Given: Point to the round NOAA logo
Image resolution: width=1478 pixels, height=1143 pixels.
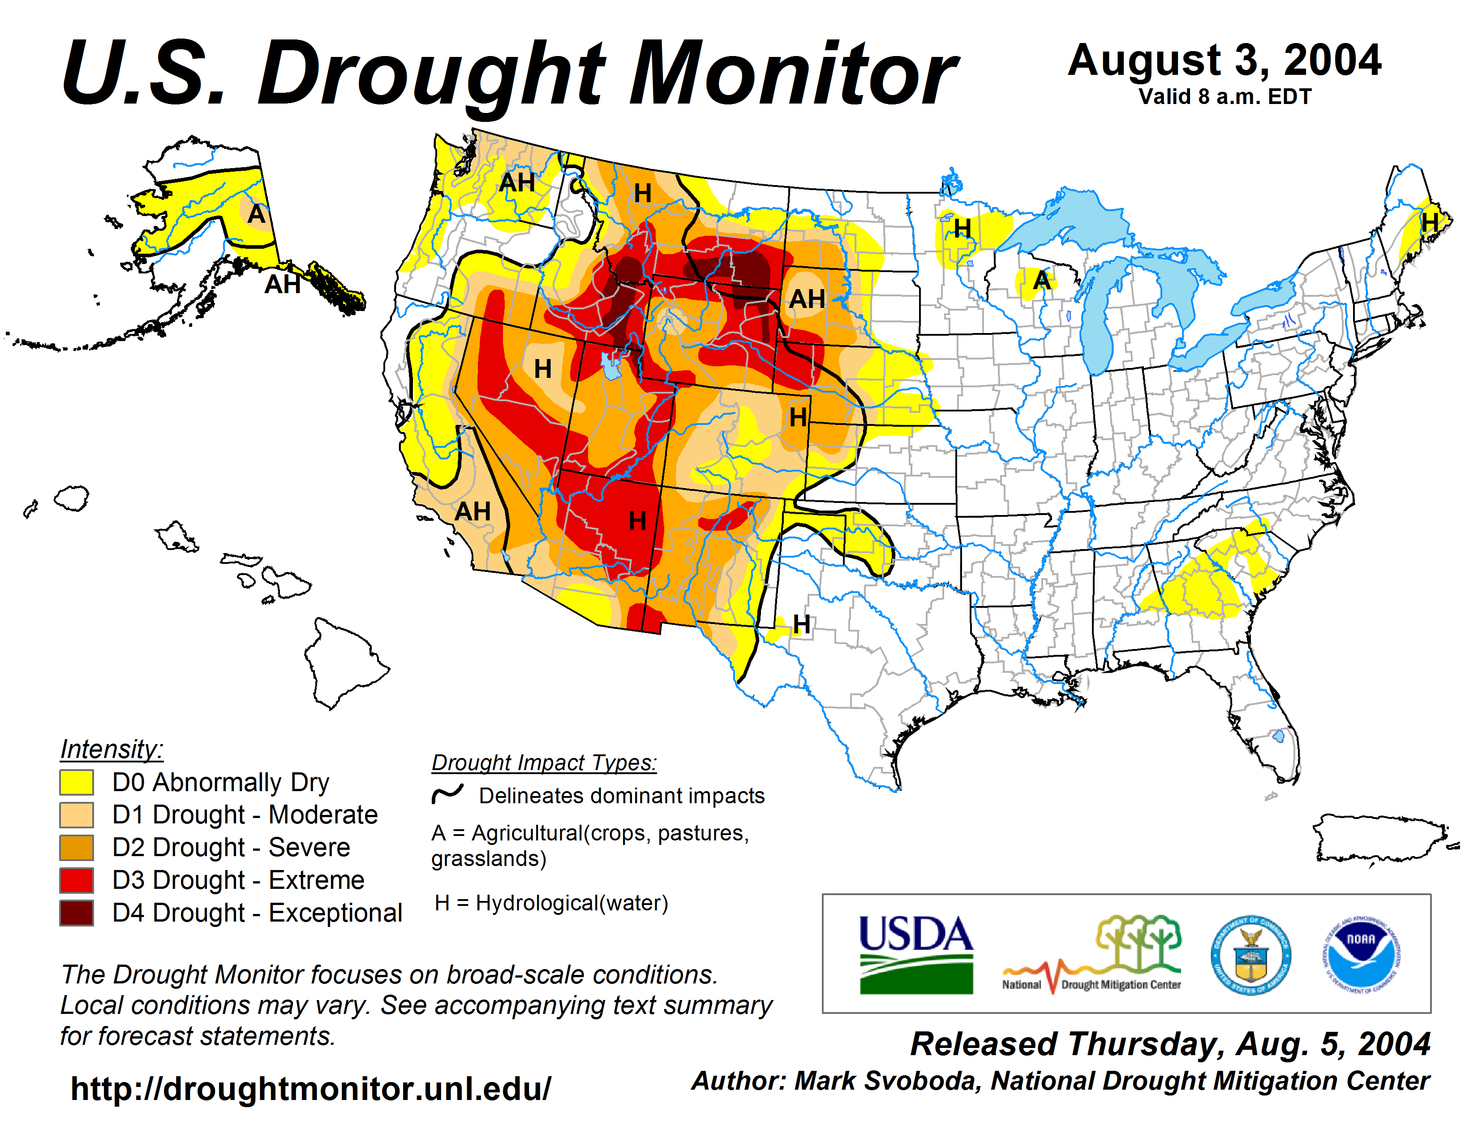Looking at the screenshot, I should pos(1361,954).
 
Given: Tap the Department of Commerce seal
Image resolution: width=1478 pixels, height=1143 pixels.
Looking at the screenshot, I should pos(1250,955).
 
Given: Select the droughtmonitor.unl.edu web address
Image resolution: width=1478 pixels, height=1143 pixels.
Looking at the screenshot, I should pos(311,1089).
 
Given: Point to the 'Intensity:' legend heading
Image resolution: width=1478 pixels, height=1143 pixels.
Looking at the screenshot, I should pos(112,749).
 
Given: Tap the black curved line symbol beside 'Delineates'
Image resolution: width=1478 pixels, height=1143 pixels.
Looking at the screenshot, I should pos(447,793).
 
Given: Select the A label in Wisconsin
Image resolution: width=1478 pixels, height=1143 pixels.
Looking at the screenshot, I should pos(1041,280).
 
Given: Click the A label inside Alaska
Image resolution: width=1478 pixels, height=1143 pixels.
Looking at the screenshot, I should pos(257,214).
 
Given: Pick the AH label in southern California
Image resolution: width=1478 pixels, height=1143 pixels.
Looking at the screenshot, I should pos(473,511).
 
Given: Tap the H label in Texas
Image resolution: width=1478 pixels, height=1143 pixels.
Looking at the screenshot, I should pos(801,624).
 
